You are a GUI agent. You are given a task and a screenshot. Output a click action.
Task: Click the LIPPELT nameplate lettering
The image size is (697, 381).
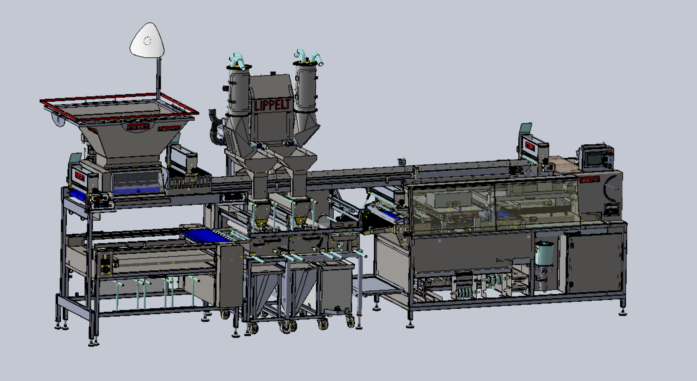point(272,105)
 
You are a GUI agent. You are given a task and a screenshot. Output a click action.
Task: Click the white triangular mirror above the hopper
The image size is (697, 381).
point(147,41)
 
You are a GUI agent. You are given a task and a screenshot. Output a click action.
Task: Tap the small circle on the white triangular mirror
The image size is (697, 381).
point(148,41)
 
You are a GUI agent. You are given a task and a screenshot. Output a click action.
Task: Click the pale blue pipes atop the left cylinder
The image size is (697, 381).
point(239,60)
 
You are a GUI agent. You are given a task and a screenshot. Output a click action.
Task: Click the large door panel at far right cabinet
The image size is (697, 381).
point(594,262)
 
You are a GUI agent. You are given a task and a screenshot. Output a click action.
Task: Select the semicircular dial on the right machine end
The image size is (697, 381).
point(613,189)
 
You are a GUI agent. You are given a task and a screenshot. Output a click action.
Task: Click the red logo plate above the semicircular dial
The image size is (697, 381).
point(590,179)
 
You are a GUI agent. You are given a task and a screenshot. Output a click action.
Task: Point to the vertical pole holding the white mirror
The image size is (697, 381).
point(158,78)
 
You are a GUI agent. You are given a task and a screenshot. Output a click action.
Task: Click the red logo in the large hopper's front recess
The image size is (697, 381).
point(139,127)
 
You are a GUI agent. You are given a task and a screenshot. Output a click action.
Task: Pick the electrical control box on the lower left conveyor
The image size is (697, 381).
point(106,263)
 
